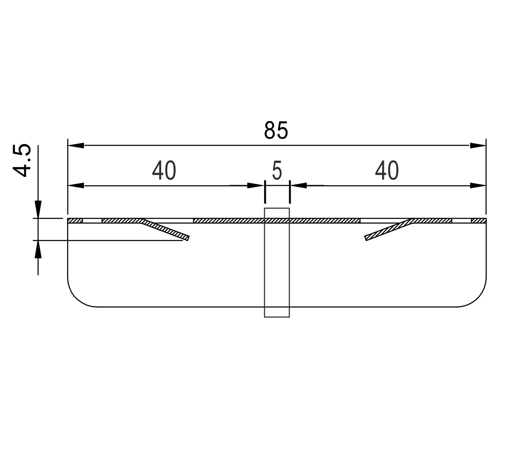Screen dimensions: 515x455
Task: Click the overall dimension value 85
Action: coord(276,130)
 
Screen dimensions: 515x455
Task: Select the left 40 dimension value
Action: coord(164,171)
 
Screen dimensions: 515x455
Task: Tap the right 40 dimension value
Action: coord(387,171)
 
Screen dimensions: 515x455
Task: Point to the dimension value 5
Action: coord(277,171)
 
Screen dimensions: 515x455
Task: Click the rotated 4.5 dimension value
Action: coord(22,161)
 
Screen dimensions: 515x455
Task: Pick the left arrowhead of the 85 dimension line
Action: coord(76,145)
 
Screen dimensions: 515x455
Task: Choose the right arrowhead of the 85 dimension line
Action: coord(478,145)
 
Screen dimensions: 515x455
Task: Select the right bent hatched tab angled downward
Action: coord(388,229)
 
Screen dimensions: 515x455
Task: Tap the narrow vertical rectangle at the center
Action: coord(277,262)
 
